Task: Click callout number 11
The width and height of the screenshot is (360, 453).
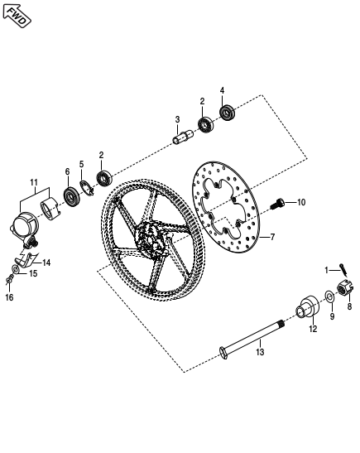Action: pos(34,182)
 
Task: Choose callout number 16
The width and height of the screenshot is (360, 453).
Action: pos(9,299)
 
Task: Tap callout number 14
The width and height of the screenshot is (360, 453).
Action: pos(46,263)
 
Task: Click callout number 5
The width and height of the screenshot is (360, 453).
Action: pos(82,164)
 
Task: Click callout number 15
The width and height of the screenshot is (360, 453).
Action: pos(32,272)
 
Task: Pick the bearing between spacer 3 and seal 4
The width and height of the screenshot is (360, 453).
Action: pos(204,125)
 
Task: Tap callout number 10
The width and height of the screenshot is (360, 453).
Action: pos(301,202)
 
